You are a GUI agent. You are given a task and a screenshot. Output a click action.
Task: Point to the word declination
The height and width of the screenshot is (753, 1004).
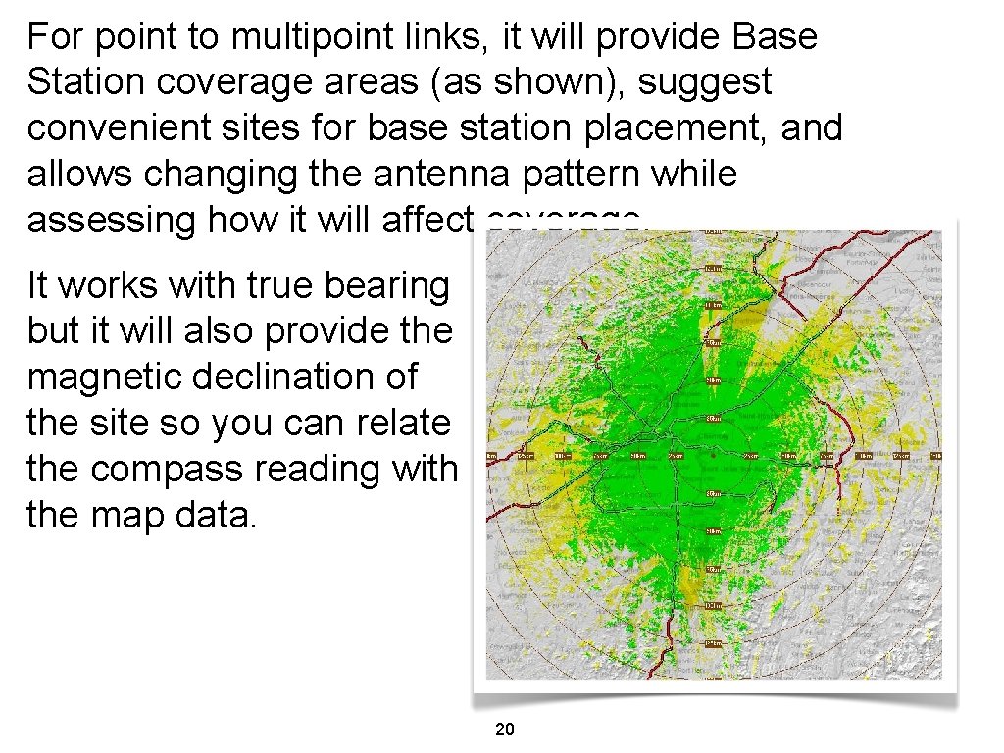[x=306, y=377]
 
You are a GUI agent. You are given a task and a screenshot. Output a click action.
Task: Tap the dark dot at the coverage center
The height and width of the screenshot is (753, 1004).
[x=714, y=456]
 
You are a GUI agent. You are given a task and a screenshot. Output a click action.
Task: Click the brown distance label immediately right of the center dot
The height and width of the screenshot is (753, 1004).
[x=751, y=456]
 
